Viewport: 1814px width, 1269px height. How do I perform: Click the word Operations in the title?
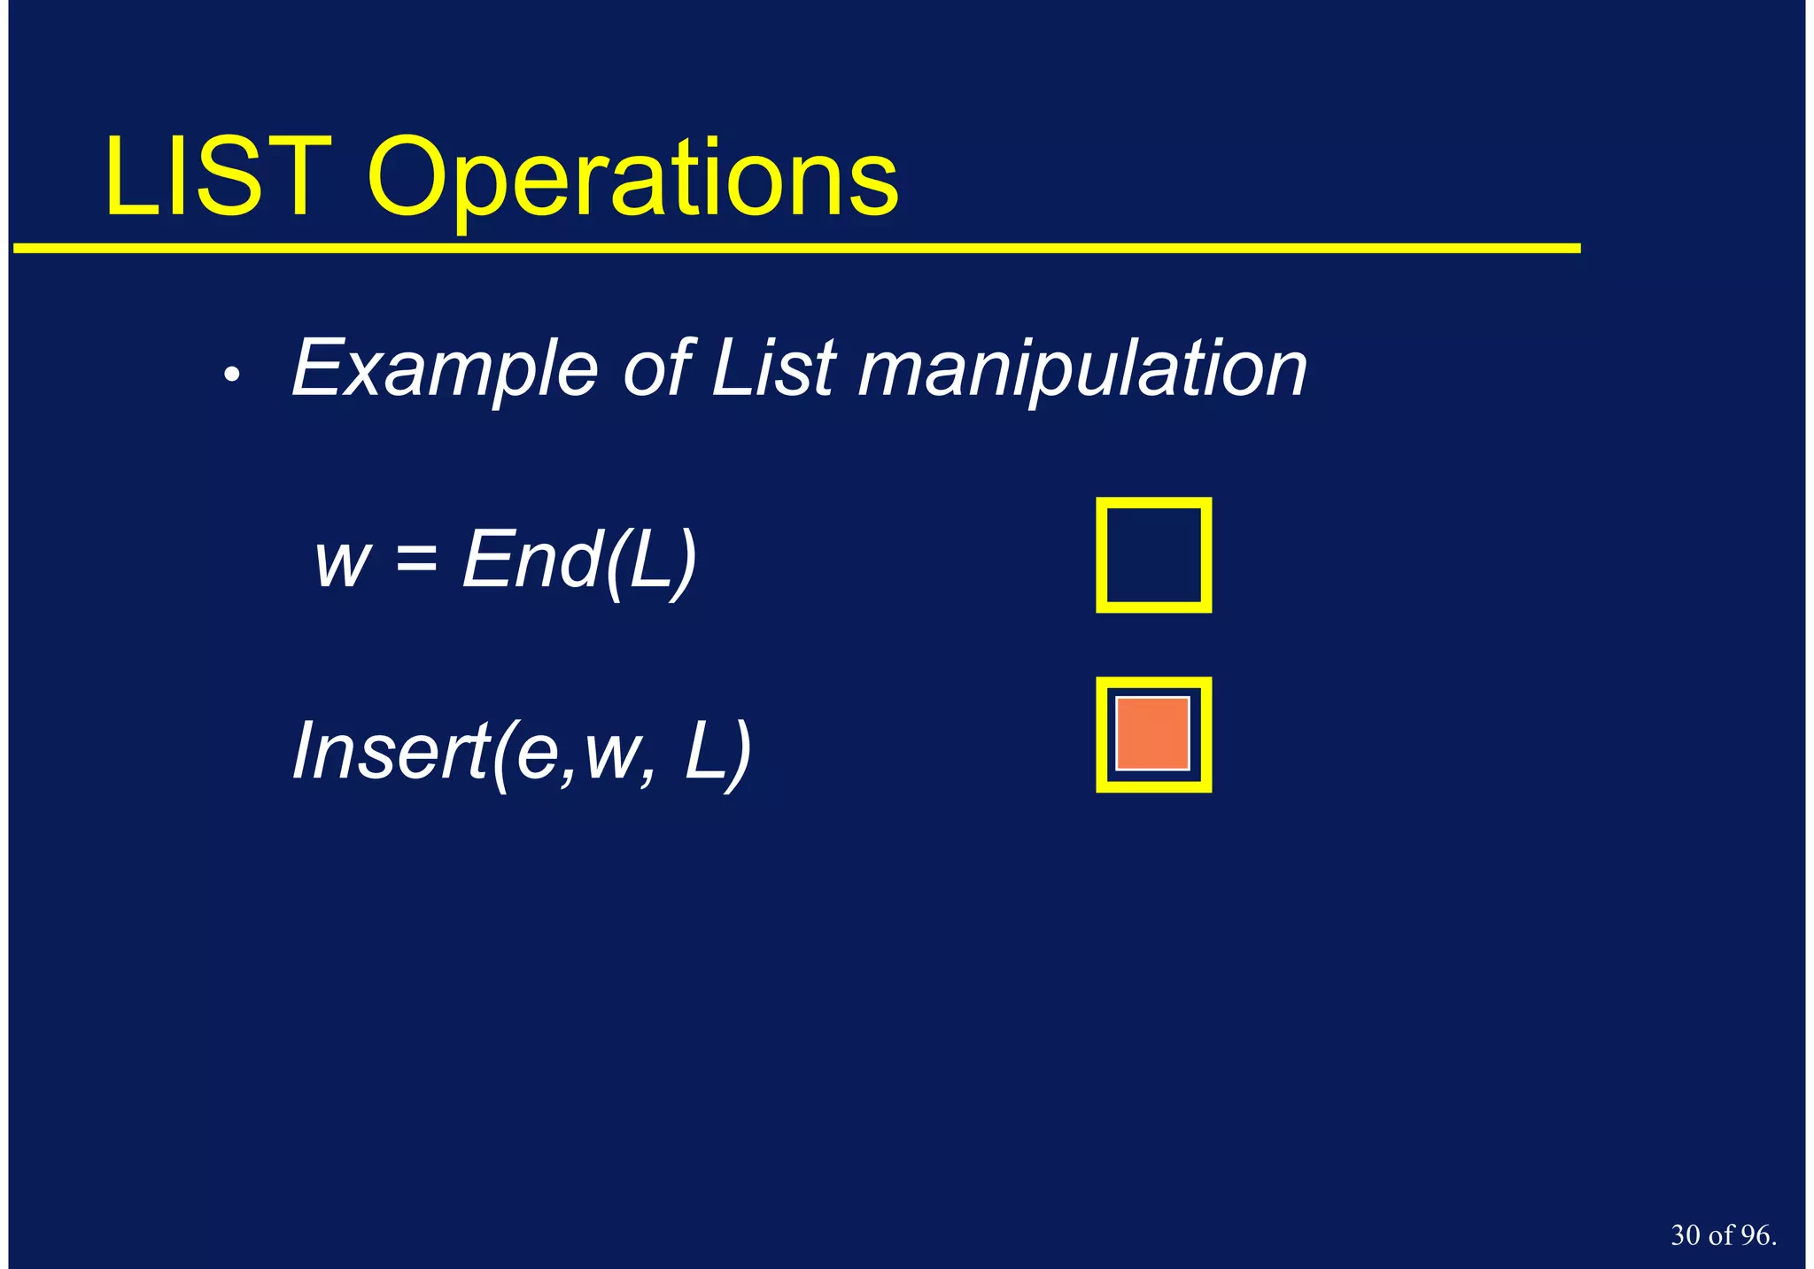[632, 182]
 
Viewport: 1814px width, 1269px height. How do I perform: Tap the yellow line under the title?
[797, 249]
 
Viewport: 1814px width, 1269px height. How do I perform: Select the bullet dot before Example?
[231, 375]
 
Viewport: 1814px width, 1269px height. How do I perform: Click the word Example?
[445, 369]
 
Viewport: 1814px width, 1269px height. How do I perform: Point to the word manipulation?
[1082, 369]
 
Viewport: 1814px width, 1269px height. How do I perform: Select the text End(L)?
[579, 560]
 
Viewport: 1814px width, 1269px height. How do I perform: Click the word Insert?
[388, 751]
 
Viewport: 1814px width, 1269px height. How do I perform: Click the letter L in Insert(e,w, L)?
[704, 751]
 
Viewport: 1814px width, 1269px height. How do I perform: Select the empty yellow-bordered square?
[1153, 555]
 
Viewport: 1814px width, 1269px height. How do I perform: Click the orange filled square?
[1152, 733]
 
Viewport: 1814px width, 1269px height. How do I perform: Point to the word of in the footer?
[1721, 1235]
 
